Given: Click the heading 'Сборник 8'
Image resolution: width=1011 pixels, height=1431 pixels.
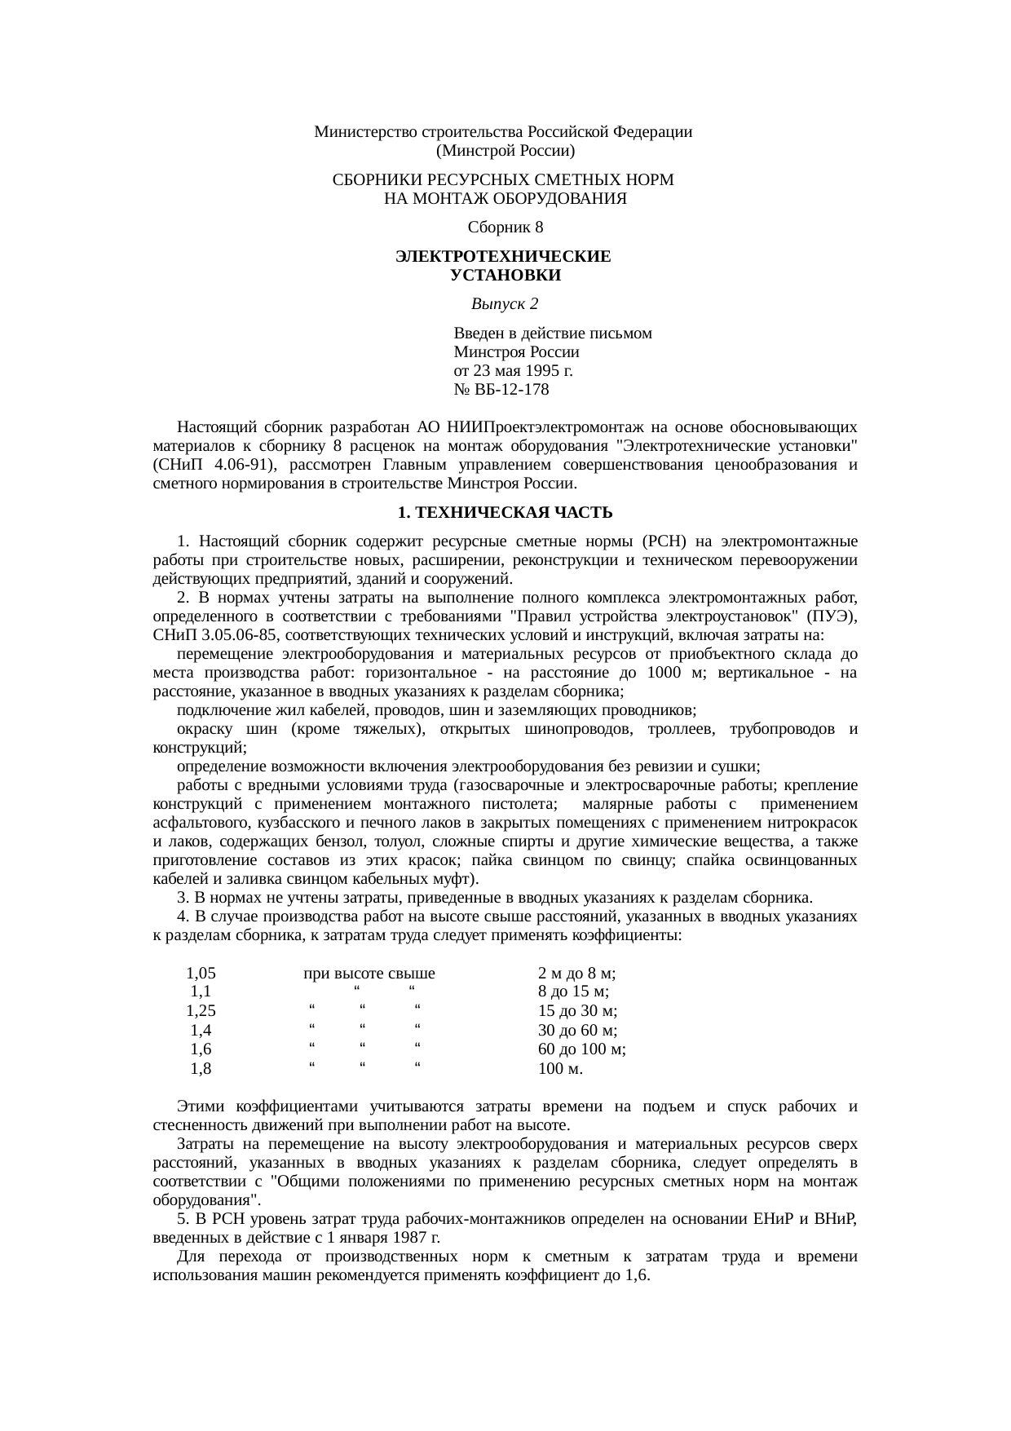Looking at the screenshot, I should coord(505,226).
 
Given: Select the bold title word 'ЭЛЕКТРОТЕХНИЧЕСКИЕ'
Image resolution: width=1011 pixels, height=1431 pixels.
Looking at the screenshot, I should coord(503,257).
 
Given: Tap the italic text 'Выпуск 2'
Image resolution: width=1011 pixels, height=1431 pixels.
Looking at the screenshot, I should coord(505,304).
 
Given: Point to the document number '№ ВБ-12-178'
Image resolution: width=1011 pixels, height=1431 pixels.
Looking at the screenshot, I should coord(501,390).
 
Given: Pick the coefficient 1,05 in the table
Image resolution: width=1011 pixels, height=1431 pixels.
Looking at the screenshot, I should coord(201,973).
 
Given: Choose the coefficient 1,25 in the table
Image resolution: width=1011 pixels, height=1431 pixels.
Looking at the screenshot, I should coord(201,1011).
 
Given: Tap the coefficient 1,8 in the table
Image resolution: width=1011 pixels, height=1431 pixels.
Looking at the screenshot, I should coord(201,1068).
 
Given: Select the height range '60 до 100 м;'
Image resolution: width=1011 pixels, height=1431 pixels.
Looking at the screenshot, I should coord(582,1049).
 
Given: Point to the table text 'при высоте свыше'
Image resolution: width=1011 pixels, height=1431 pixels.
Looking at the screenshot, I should coord(369,973).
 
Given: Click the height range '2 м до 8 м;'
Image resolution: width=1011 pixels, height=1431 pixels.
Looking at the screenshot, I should coord(576,973).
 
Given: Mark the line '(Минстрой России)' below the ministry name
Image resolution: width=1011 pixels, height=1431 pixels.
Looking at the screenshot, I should coord(505,151).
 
